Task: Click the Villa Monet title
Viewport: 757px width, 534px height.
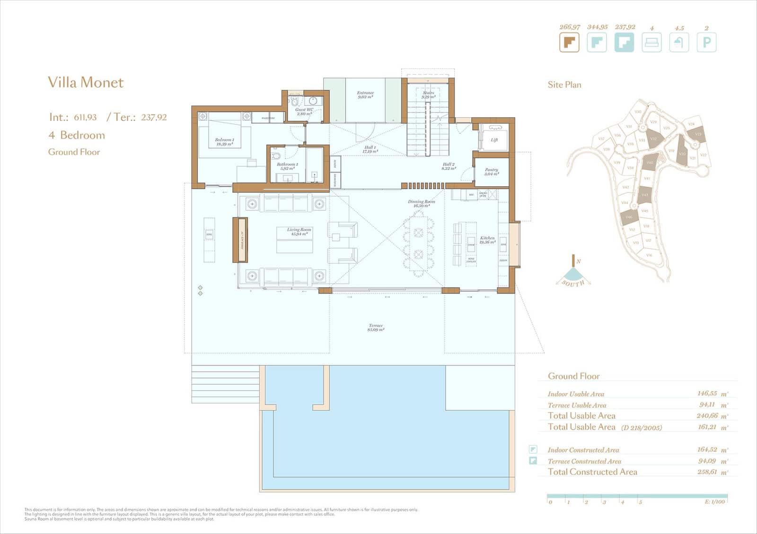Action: pos(86,82)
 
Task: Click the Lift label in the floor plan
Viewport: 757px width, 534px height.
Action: pos(494,140)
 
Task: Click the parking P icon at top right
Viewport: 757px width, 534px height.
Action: pos(706,43)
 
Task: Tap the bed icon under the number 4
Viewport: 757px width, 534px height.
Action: pos(651,43)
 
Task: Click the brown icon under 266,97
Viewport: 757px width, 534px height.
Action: pos(569,43)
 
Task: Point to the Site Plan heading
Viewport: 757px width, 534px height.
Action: pos(564,85)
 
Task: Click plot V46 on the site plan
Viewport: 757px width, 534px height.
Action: pos(629,217)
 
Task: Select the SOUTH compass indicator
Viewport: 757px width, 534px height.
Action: pos(573,283)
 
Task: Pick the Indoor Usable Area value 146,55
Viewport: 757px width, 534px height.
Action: pos(707,393)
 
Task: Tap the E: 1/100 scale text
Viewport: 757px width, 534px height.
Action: pos(714,502)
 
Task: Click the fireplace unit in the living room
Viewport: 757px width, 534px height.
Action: pos(240,240)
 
